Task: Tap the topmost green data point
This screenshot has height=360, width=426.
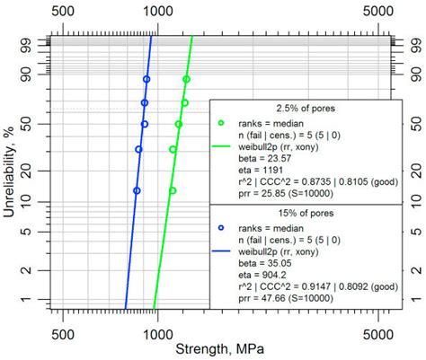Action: (x=186, y=80)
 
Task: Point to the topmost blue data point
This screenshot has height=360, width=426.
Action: (x=146, y=80)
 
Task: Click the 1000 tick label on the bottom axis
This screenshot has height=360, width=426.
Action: (x=158, y=331)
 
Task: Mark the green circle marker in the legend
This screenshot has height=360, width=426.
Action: (x=221, y=122)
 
